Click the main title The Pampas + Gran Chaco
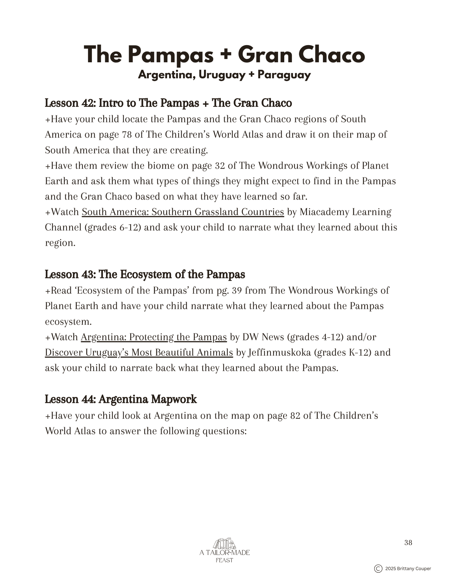click(224, 55)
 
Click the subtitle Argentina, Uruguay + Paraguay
click(224, 75)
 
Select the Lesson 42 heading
click(168, 103)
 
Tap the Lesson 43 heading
click(145, 274)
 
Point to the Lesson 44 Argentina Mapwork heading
click(121, 399)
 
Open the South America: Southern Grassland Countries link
click(183, 212)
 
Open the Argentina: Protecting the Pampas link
click(154, 337)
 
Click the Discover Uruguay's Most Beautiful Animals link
click(139, 353)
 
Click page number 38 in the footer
click(408, 543)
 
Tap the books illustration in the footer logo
click(224, 544)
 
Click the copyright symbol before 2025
click(378, 569)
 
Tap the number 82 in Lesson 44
click(295, 416)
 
